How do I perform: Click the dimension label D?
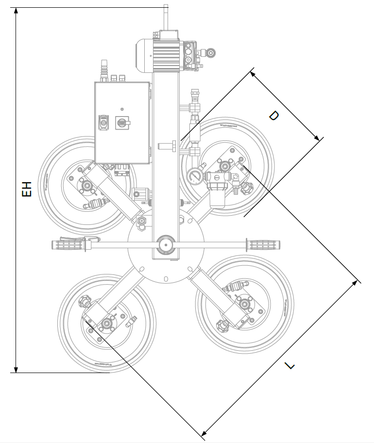[x=273, y=116]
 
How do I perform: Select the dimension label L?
[x=289, y=365]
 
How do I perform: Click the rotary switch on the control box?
[x=121, y=123]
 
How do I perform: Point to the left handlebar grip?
[x=70, y=244]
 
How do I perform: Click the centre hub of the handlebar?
[x=165, y=244]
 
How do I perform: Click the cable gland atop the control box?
[x=102, y=70]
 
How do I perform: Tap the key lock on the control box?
[x=103, y=123]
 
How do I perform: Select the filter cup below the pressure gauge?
[x=216, y=195]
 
